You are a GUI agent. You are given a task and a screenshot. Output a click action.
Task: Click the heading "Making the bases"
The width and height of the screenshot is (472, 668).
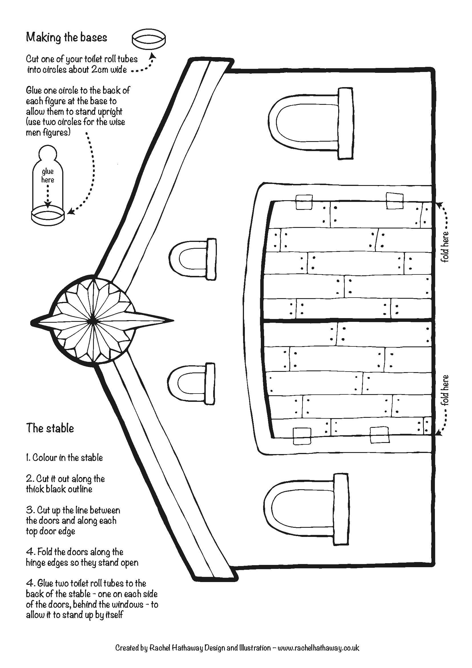tap(66, 37)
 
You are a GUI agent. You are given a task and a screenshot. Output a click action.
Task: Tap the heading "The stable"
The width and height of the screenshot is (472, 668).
tap(50, 428)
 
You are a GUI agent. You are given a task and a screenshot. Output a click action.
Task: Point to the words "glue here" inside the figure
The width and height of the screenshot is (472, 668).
tap(47, 176)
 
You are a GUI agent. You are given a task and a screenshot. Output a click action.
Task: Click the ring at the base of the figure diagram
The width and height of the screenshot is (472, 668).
tap(47, 216)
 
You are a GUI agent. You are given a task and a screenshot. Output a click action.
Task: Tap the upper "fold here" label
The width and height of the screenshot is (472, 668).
tap(445, 246)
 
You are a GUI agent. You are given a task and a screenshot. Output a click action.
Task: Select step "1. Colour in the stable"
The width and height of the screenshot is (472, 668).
tap(64, 458)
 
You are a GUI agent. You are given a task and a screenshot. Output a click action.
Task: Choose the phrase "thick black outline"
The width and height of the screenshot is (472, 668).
tap(59, 489)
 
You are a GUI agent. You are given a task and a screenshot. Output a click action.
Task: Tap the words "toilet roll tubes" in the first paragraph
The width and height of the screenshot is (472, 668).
tap(111, 59)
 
